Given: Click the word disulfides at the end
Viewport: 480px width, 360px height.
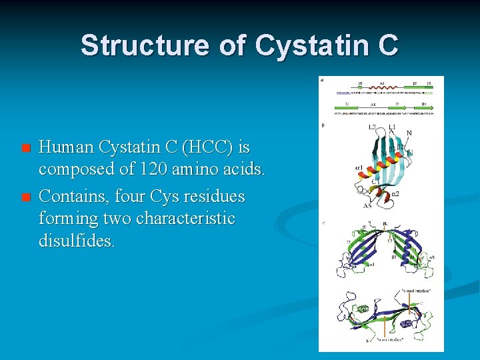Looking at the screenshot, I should pyautogui.click(x=76, y=241).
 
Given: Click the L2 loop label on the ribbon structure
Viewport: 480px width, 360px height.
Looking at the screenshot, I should pyautogui.click(x=373, y=127).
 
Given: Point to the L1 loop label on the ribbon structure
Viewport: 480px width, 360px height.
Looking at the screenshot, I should pyautogui.click(x=392, y=127).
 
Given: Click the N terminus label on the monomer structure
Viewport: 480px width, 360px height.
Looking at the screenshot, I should pyautogui.click(x=409, y=133).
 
